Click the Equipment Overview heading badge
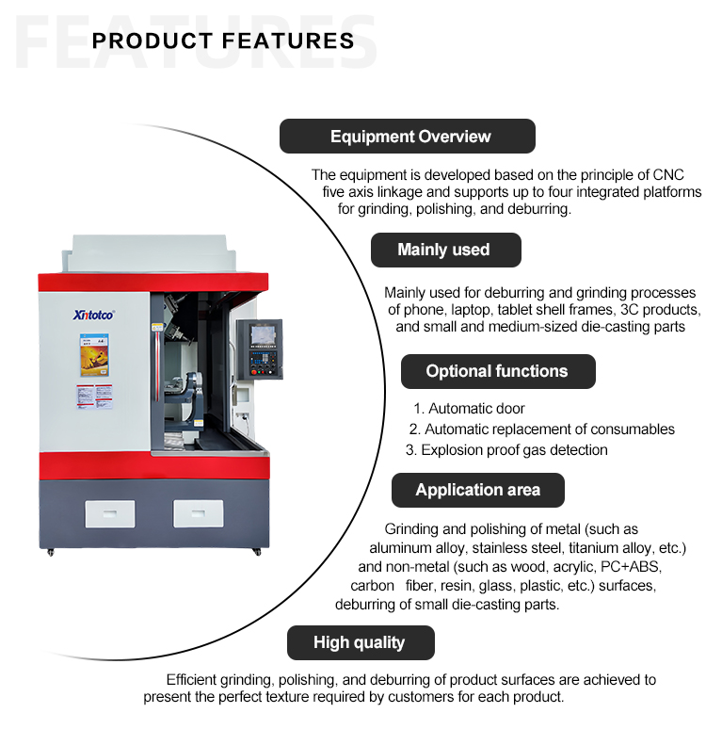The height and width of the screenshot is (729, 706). (407, 137)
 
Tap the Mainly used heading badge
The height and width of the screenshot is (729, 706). (444, 250)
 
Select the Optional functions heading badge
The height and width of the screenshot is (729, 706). (497, 371)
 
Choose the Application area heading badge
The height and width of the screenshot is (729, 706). (478, 490)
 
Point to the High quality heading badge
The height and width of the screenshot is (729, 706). (360, 642)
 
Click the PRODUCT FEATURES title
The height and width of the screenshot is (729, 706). (224, 40)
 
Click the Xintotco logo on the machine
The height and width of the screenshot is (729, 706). (93, 316)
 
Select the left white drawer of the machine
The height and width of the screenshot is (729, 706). (109, 512)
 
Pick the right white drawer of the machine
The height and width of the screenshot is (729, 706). (199, 512)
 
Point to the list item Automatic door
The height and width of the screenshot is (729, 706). (469, 409)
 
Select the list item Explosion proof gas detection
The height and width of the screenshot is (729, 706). (506, 450)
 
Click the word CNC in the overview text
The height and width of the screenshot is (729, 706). (667, 175)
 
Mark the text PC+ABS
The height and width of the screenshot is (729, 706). (636, 567)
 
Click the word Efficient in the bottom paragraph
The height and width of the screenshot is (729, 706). (194, 680)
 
